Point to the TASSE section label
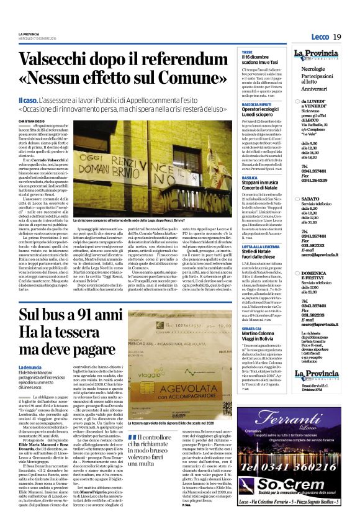246,52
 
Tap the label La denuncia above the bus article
30,367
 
